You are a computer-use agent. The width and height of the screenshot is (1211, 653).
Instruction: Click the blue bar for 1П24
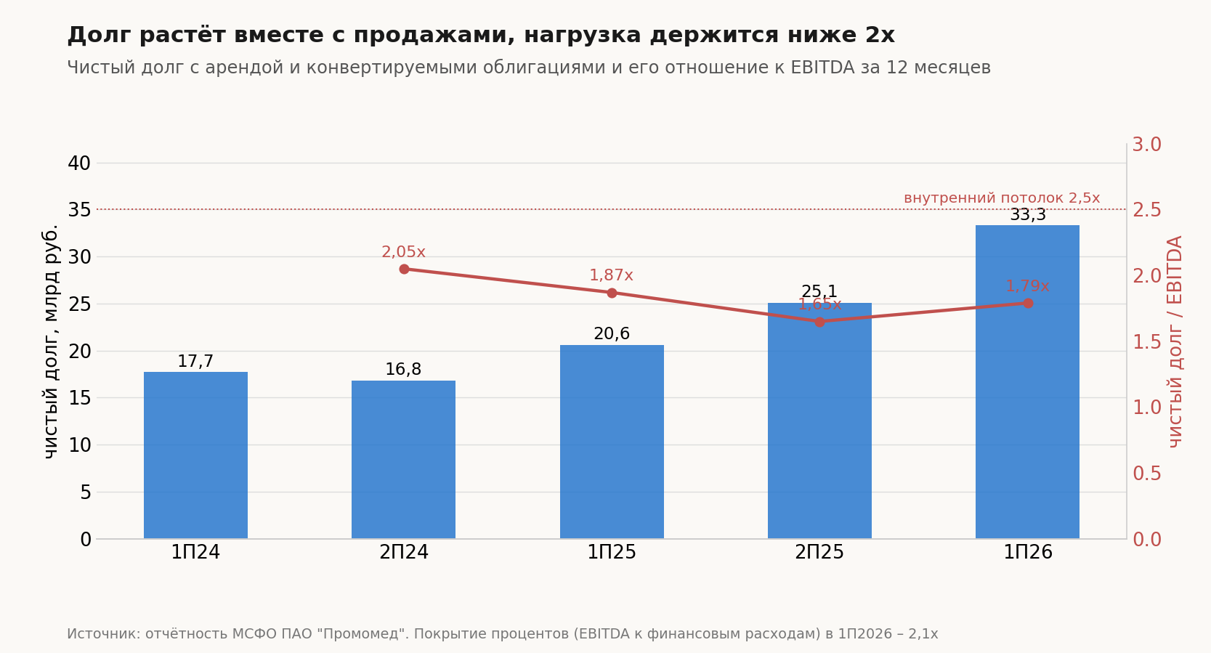click(x=195, y=455)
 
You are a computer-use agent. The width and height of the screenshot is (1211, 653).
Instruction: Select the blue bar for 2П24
click(x=403, y=460)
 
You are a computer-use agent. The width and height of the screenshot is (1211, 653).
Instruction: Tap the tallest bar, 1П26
click(x=1027, y=381)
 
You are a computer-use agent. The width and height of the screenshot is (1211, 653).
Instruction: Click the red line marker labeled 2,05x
click(x=405, y=269)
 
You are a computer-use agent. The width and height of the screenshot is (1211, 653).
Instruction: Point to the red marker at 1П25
click(x=612, y=293)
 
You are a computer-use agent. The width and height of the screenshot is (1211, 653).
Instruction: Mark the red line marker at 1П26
click(x=1028, y=303)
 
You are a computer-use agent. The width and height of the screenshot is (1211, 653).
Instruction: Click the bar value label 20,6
click(x=612, y=334)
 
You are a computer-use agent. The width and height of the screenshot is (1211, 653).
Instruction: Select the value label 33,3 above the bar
click(x=1028, y=214)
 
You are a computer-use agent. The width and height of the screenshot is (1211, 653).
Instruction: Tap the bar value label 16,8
click(x=403, y=370)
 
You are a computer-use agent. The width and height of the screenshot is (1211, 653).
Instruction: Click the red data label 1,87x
click(x=612, y=275)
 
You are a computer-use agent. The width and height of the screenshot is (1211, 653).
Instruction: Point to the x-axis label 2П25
click(x=819, y=552)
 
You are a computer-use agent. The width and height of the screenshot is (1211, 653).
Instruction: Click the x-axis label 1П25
click(x=612, y=552)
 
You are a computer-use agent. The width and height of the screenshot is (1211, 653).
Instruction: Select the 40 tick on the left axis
click(x=79, y=163)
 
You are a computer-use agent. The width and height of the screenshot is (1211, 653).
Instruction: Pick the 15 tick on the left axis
click(x=79, y=398)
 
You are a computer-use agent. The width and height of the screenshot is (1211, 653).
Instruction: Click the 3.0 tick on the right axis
click(x=1147, y=145)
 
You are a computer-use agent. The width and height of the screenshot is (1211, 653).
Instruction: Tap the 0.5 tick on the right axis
click(x=1147, y=474)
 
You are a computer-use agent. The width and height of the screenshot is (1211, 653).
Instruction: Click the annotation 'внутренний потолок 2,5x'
click(x=1002, y=198)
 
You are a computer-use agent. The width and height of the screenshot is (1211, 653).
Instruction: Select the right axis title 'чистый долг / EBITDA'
click(x=1175, y=341)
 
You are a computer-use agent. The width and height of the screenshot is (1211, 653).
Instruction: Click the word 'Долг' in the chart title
click(x=100, y=36)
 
